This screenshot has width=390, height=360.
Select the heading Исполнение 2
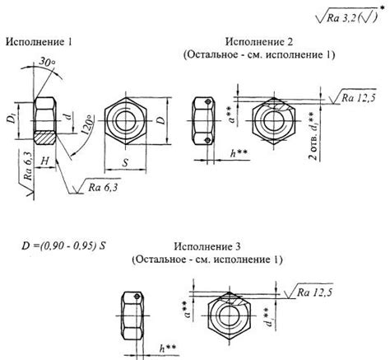tap(262, 41)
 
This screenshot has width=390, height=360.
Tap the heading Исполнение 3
tap(207, 246)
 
